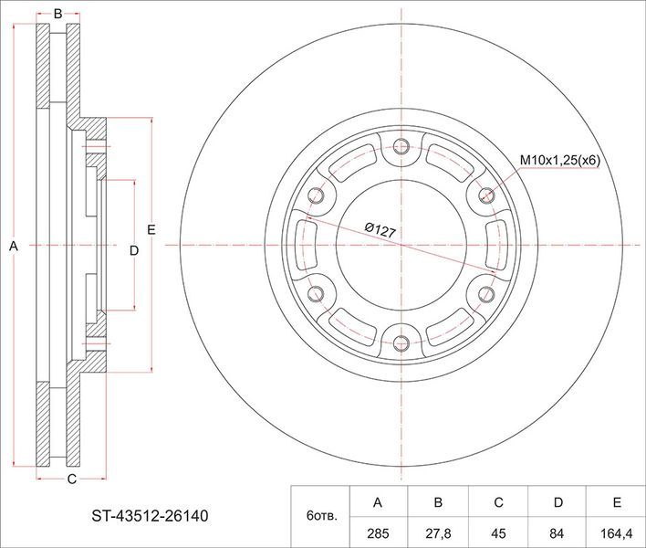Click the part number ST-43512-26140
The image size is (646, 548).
150,516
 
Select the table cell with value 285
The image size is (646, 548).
378,533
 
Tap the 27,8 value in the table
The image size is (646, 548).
438,533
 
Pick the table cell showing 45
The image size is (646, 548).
498,533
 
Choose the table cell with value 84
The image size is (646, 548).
557,533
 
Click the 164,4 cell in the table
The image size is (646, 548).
617,533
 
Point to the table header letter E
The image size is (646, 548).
617,502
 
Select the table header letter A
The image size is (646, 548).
378,502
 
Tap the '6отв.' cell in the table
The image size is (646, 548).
321,516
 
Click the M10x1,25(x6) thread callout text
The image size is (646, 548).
560,161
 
